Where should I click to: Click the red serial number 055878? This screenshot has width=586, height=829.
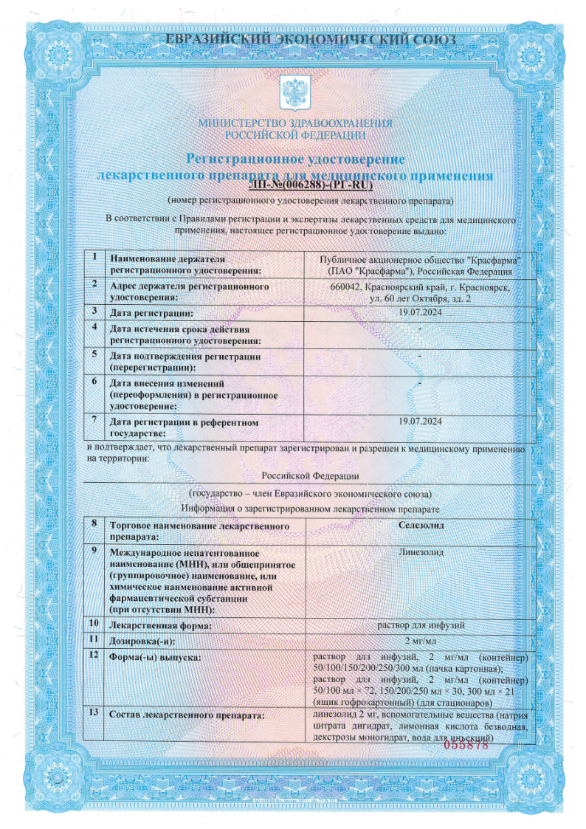(x=466, y=746)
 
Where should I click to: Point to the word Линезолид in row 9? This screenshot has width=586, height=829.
(x=420, y=550)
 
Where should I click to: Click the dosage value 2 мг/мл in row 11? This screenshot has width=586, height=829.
(x=420, y=639)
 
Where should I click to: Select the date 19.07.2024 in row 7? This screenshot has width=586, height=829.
(x=420, y=421)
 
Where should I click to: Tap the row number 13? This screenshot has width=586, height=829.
(x=93, y=713)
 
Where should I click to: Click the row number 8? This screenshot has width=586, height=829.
(x=93, y=524)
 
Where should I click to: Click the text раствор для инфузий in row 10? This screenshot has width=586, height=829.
(x=420, y=625)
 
